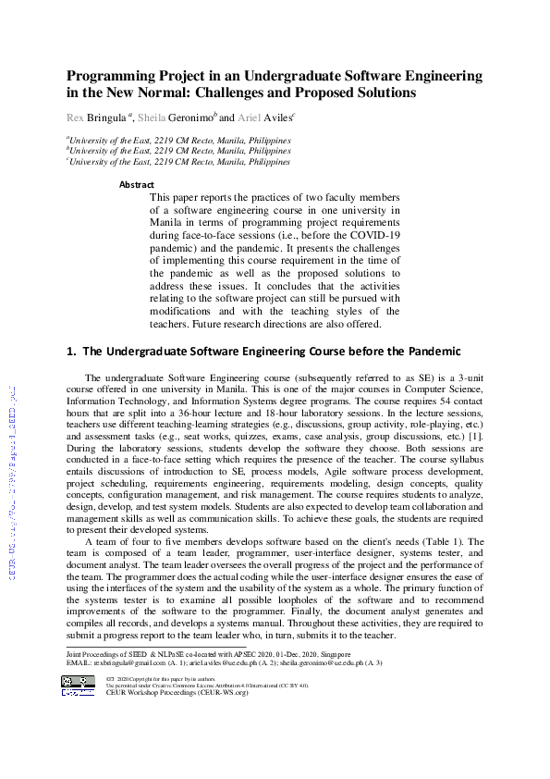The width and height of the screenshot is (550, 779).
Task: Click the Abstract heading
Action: coord(137,185)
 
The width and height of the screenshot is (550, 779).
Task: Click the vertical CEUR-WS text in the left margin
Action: coord(12,480)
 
